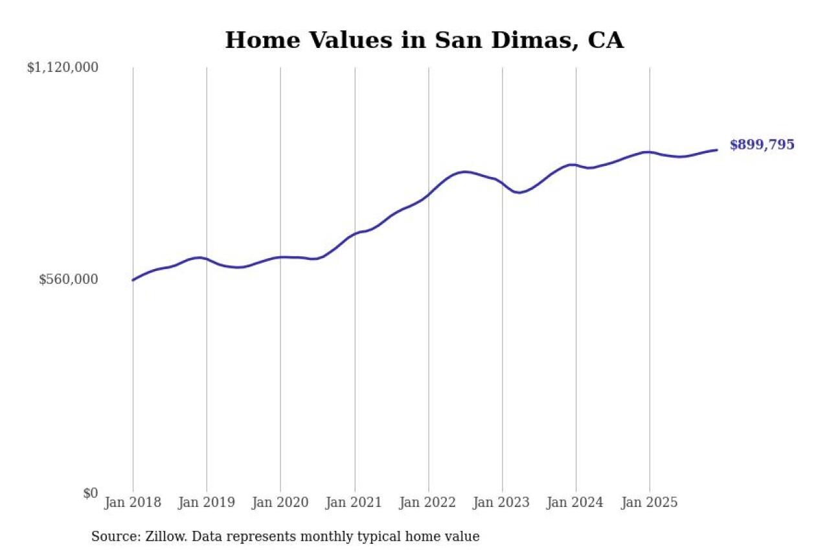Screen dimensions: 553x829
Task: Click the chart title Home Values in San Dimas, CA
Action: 424,40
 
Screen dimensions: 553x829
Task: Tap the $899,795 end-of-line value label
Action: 762,145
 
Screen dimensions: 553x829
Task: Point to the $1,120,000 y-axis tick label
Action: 62,67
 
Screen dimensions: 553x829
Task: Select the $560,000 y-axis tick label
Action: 69,279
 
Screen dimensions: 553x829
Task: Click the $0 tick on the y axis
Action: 90,493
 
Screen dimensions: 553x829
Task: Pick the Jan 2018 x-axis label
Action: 133,502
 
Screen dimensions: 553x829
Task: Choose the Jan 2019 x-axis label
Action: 207,502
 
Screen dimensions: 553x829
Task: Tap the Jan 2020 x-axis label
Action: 280,502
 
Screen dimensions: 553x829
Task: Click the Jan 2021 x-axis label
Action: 354,502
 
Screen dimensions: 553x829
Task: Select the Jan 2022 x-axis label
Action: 428,502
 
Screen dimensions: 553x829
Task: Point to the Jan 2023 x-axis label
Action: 502,502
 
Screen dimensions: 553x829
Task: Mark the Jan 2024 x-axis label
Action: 576,502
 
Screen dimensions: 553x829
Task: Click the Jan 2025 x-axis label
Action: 650,502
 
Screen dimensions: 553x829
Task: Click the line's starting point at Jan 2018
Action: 133,280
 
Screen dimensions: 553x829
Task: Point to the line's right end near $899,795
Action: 717,150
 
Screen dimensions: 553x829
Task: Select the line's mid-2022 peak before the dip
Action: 464,172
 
